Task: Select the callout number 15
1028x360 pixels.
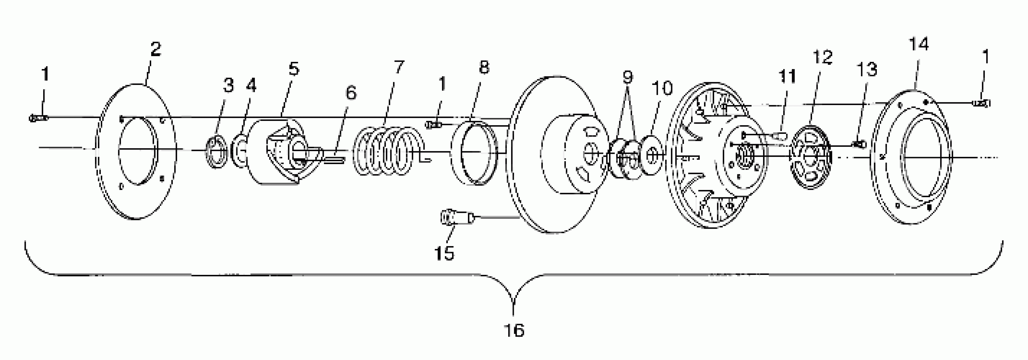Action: tap(444, 253)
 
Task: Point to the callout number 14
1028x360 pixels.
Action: tap(919, 44)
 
